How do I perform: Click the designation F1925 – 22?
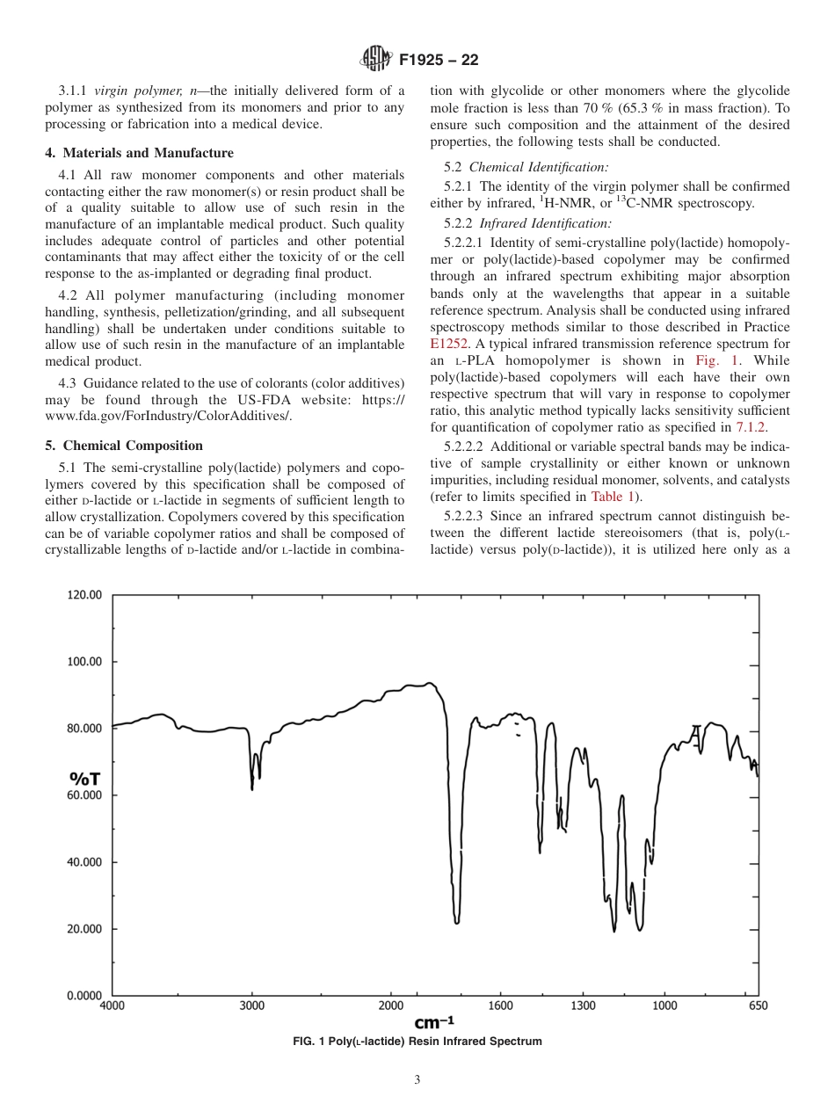[x=438, y=61]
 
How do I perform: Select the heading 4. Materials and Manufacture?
[x=139, y=153]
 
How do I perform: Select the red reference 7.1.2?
[x=751, y=427]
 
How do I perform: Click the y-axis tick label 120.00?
[x=84, y=595]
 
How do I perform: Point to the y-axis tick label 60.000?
[x=84, y=795]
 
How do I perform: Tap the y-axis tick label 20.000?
[x=84, y=929]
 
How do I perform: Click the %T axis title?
[x=84, y=779]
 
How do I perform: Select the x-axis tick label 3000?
[x=252, y=1005]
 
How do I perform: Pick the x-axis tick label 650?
[x=758, y=1005]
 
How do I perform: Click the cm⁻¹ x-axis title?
[x=434, y=1022]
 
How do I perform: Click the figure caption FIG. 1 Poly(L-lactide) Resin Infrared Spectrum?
[x=417, y=1042]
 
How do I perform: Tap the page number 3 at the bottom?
[x=417, y=1080]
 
